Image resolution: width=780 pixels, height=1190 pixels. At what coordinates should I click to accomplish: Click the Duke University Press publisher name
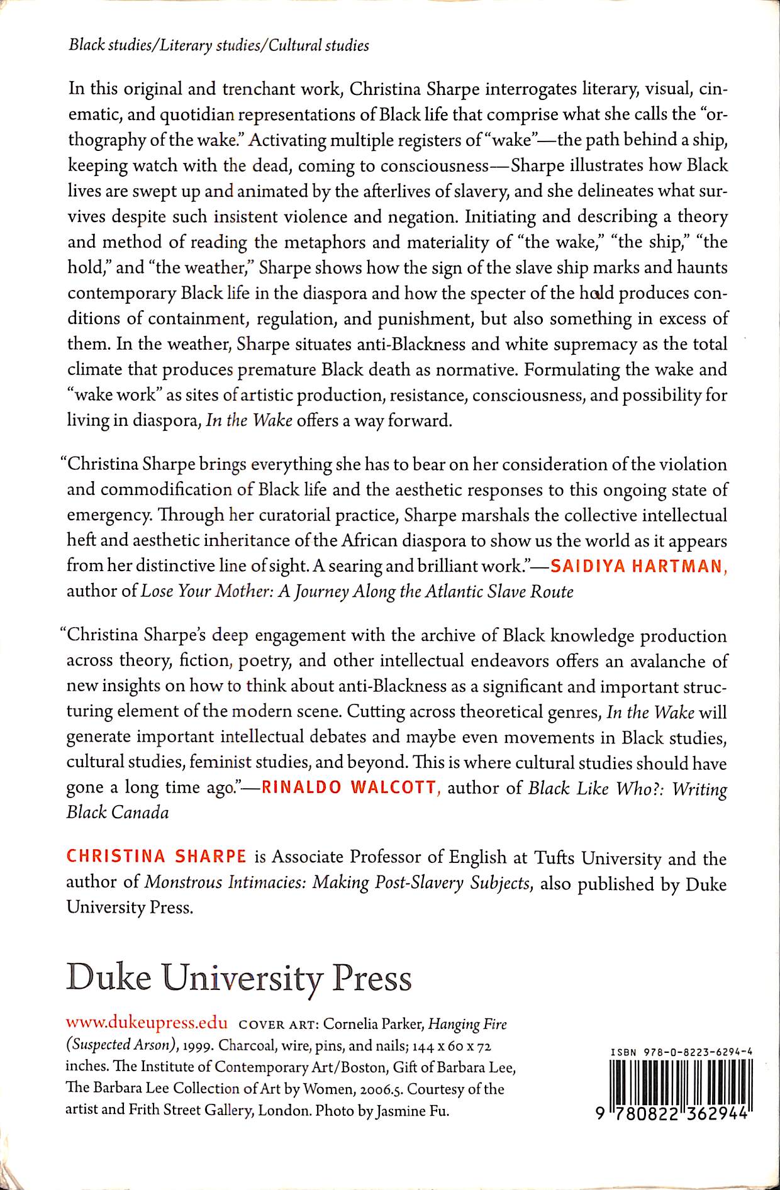tap(239, 978)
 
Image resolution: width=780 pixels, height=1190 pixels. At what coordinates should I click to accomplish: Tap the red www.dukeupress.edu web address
tap(147, 1023)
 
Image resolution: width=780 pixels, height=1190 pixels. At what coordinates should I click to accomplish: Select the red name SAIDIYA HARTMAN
tap(637, 566)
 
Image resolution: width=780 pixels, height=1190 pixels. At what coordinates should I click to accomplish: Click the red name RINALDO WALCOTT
tap(348, 787)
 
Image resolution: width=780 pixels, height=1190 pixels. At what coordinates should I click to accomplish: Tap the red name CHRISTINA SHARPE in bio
tap(156, 857)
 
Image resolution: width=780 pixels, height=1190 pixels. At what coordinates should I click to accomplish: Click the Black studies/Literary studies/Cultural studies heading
tap(219, 45)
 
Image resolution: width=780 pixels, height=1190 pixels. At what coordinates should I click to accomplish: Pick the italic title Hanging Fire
tap(467, 1024)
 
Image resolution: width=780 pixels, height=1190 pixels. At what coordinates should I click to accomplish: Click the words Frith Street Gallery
tap(190, 1111)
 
